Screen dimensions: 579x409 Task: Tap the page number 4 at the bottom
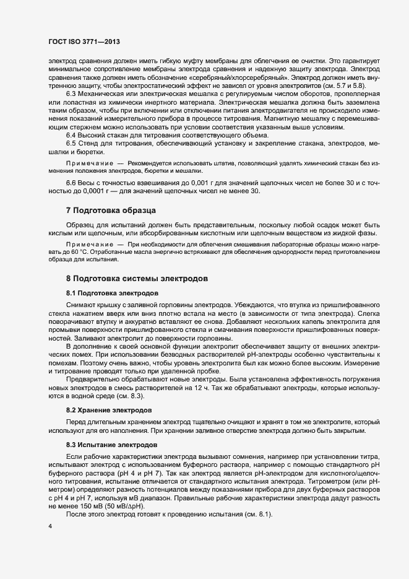(x=50, y=527)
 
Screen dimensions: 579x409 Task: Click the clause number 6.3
(x=71, y=93)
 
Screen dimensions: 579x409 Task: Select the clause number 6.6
(x=71, y=184)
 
